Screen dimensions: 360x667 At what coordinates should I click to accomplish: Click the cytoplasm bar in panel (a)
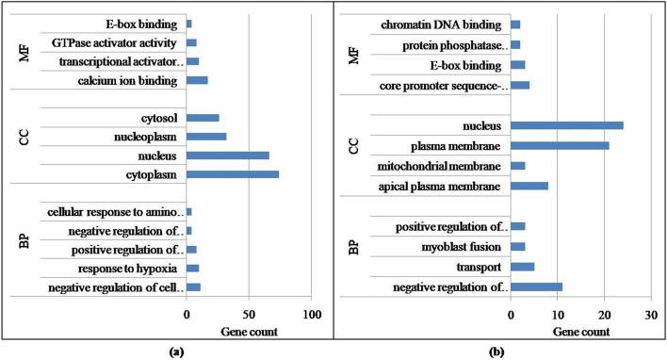click(x=233, y=174)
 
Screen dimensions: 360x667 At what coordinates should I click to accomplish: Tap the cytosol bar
click(x=203, y=118)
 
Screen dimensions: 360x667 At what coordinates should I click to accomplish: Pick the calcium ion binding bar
click(x=197, y=81)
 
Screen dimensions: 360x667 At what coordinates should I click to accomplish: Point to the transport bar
click(x=523, y=267)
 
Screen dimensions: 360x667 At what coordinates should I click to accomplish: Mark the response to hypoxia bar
click(x=192, y=268)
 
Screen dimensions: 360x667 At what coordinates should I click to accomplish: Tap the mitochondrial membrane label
click(x=445, y=166)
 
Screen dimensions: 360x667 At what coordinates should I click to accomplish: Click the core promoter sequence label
click(x=447, y=86)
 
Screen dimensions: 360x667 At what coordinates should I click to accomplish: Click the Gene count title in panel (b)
click(x=578, y=332)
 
